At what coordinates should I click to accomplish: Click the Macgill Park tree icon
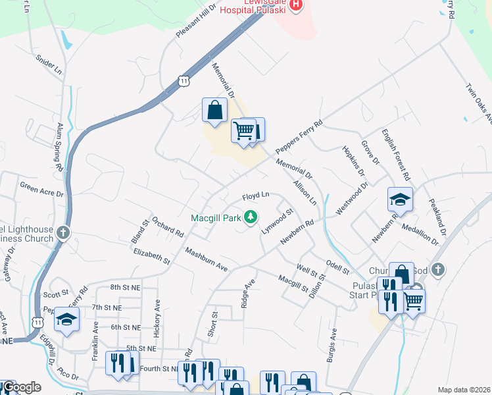pos(251,217)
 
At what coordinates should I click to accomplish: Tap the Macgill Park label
pos(216,217)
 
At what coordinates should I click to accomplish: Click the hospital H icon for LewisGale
pos(296,5)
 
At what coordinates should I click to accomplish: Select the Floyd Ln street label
pos(256,196)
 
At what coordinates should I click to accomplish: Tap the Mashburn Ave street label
pos(206,259)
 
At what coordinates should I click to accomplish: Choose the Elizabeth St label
pos(151,257)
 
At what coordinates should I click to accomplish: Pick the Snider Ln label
pos(49,65)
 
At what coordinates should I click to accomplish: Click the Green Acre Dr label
pos(41,190)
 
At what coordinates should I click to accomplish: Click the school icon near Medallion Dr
pos(400,199)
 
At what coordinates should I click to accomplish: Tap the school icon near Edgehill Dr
pos(66,319)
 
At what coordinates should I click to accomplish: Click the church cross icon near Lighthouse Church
pos(62,232)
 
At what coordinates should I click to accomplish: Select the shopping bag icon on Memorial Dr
pos(214,109)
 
